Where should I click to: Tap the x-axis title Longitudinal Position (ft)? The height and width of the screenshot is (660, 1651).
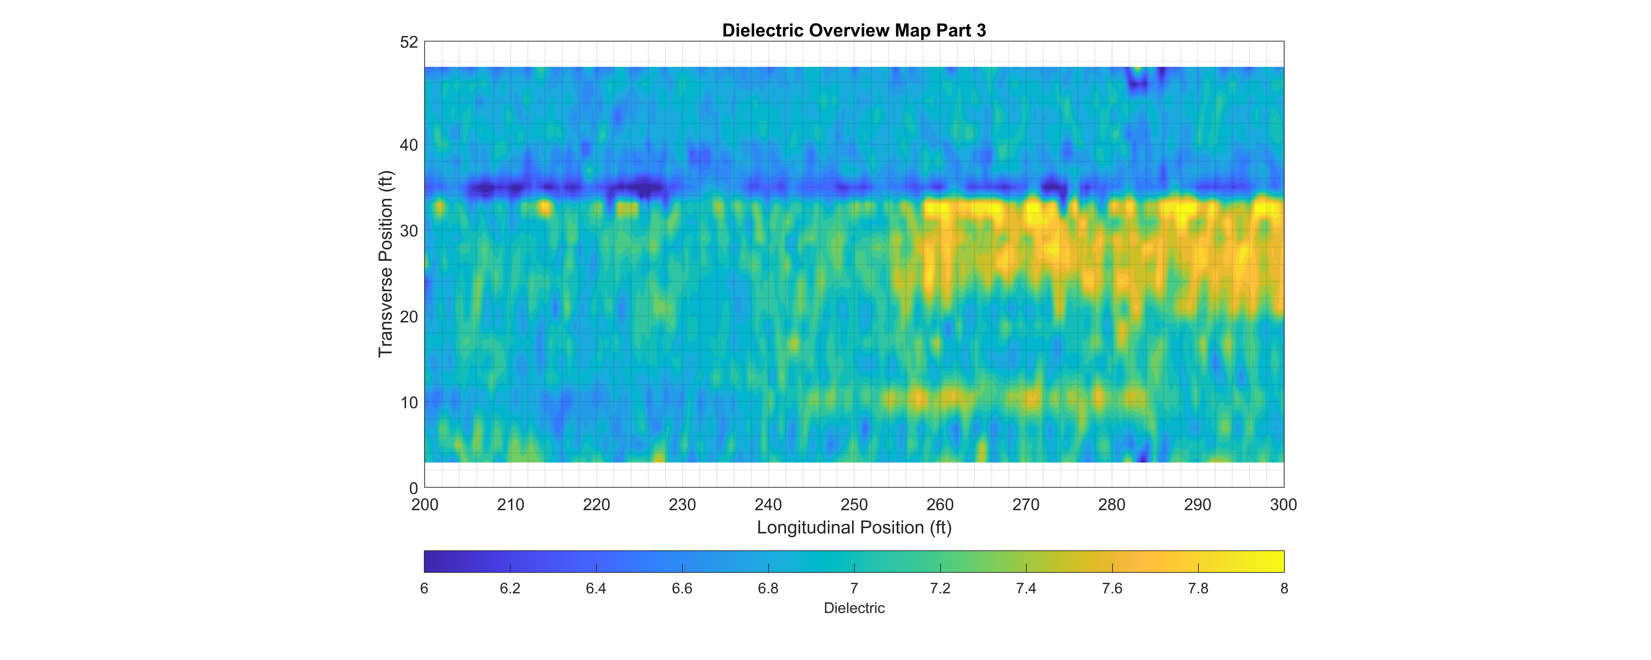pyautogui.click(x=854, y=527)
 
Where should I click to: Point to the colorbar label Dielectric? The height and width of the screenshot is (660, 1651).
pyautogui.click(x=854, y=608)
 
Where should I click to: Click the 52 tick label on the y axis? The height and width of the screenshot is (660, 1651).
pyautogui.click(x=409, y=42)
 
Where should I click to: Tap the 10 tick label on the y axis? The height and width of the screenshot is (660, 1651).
pyautogui.click(x=409, y=402)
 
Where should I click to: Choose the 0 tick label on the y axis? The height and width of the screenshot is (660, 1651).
pyautogui.click(x=413, y=488)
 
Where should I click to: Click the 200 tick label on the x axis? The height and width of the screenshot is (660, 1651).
pyautogui.click(x=425, y=505)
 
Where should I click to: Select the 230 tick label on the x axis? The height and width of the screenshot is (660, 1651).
pyautogui.click(x=682, y=505)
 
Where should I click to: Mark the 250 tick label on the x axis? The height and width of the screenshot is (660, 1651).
pyautogui.click(x=854, y=505)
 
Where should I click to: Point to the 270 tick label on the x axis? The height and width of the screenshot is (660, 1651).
pyautogui.click(x=1025, y=505)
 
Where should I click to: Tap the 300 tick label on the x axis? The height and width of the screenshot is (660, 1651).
pyautogui.click(x=1283, y=505)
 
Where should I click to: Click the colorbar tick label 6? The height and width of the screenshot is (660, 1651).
pyautogui.click(x=424, y=588)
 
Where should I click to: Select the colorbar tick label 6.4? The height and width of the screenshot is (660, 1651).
pyautogui.click(x=596, y=588)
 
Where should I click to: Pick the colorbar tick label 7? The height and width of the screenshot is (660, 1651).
pyautogui.click(x=854, y=588)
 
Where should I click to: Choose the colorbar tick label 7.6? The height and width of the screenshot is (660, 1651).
pyautogui.click(x=1112, y=588)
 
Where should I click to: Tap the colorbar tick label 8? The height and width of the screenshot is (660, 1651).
pyautogui.click(x=1284, y=588)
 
